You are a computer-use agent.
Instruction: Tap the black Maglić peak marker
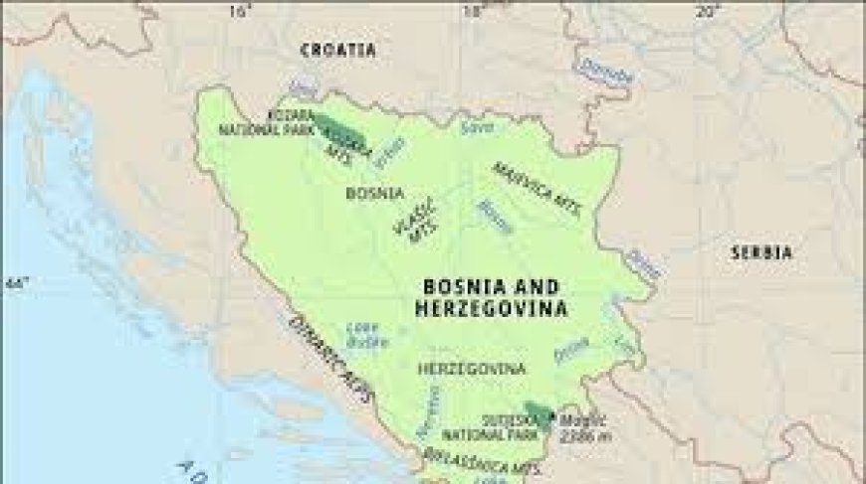pyautogui.click(x=552, y=415)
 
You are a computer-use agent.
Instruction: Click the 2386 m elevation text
pyautogui.click(x=588, y=436)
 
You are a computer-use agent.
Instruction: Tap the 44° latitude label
pyautogui.click(x=15, y=285)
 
